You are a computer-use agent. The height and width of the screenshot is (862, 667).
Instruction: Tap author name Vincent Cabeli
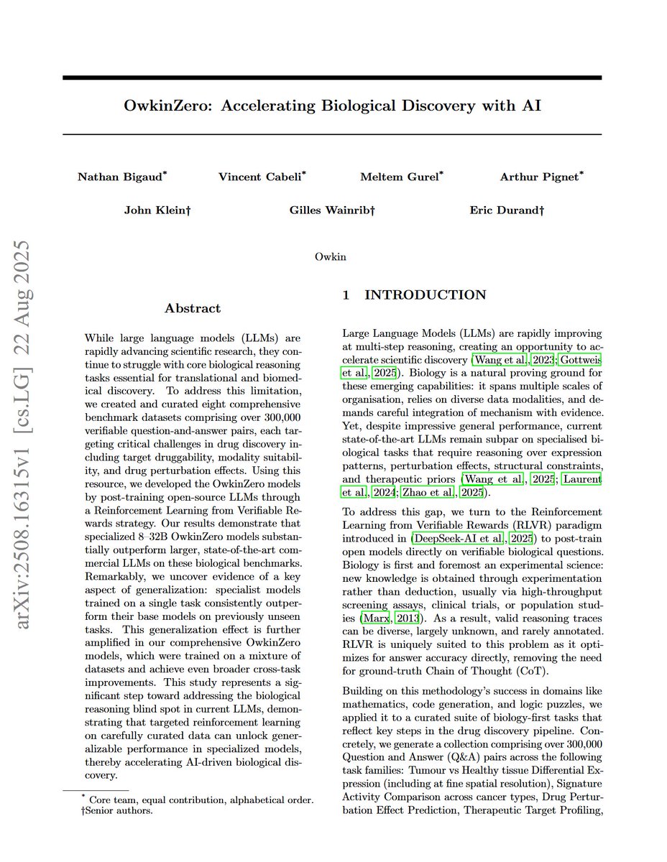pyautogui.click(x=259, y=177)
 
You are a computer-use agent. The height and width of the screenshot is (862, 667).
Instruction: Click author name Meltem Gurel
pyautogui.click(x=398, y=177)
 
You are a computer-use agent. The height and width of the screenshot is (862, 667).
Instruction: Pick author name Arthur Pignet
pyautogui.click(x=539, y=177)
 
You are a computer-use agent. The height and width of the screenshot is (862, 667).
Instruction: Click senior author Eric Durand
pyautogui.click(x=503, y=210)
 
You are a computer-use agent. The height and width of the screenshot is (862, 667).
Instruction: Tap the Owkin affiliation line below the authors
pyautogui.click(x=330, y=256)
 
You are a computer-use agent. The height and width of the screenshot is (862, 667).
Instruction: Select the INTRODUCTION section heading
pyautogui.click(x=424, y=295)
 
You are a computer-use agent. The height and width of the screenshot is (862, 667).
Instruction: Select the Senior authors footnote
pyautogui.click(x=115, y=812)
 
